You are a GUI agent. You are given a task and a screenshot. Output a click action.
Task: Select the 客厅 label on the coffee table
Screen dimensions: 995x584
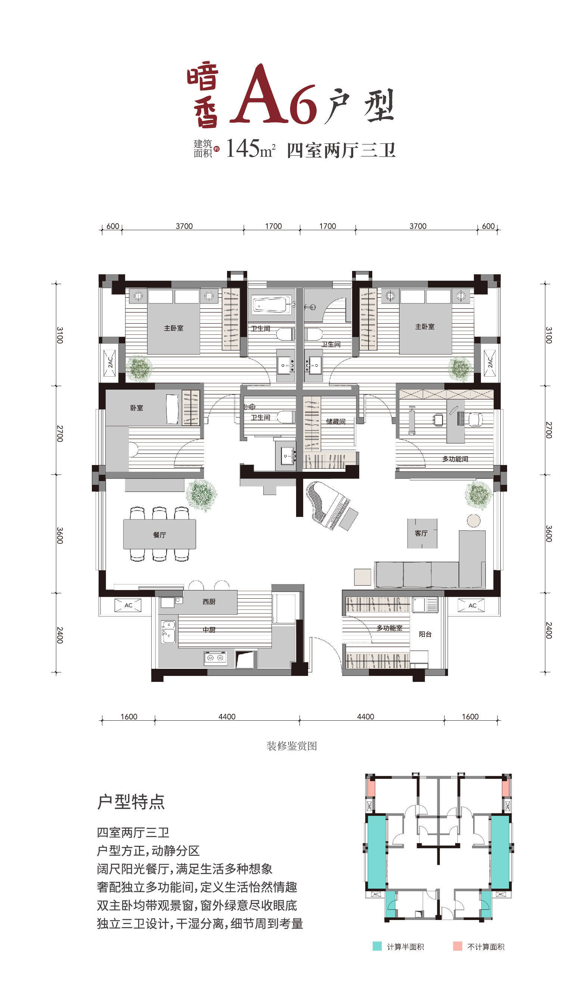(421, 533)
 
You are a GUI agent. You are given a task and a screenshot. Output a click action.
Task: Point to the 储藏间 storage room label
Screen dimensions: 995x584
(335, 422)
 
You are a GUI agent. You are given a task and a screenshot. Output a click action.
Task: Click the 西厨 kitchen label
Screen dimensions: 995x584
(209, 602)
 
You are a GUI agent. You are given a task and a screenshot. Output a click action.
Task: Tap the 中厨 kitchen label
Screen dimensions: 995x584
(209, 630)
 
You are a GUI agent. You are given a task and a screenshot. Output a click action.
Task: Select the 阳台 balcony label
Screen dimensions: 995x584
(425, 634)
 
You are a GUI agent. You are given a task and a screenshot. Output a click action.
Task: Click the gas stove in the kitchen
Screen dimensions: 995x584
(215, 658)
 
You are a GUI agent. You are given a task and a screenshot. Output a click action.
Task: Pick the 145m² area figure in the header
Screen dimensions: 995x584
(250, 149)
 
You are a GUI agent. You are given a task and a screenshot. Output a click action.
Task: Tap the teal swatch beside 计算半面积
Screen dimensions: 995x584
(377, 946)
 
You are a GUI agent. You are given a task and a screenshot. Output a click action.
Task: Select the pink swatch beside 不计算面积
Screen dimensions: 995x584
(457, 946)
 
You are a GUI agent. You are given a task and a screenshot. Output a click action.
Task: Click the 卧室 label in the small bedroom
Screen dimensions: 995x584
(137, 408)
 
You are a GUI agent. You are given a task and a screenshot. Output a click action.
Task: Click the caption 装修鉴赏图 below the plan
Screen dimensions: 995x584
(292, 745)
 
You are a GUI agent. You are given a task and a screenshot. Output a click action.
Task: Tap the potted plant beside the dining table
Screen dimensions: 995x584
(202, 495)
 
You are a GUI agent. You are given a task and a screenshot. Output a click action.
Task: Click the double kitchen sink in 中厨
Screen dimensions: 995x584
(168, 631)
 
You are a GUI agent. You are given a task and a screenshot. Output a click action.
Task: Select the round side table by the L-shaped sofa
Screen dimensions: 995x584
(473, 520)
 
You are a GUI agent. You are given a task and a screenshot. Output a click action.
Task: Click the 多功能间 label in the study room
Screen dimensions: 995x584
(455, 459)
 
